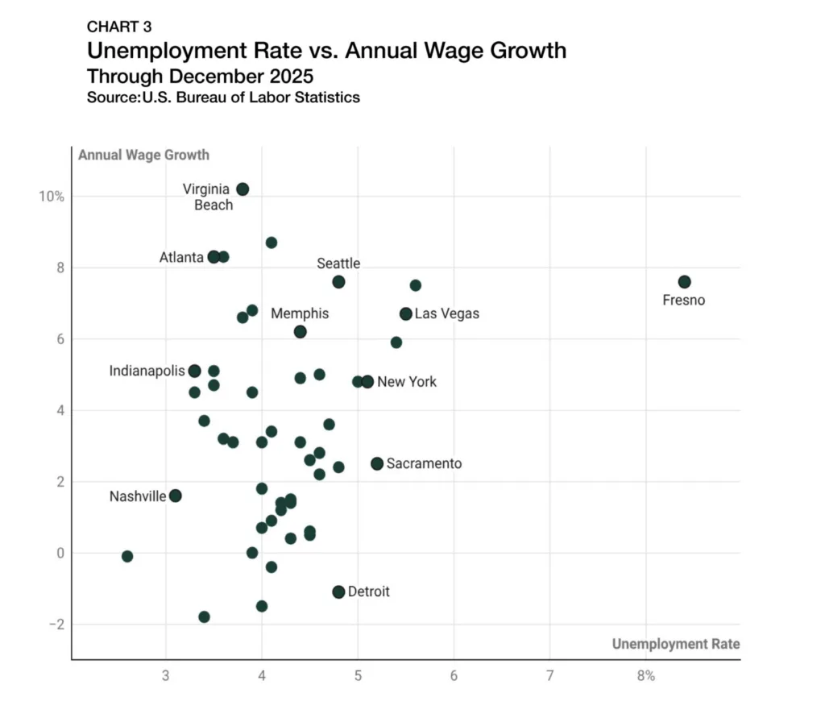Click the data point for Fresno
[684, 282]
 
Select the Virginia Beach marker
[243, 189]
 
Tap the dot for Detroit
[338, 591]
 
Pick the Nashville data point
[176, 496]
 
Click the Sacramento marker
[377, 463]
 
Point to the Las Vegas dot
[406, 313]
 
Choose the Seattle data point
[338, 282]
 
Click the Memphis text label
[300, 313]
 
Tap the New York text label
[407, 382]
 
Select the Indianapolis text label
[147, 371]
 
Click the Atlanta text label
[181, 258]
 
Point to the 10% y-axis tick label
[50, 197]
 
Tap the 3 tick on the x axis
[166, 675]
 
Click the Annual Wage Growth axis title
[143, 155]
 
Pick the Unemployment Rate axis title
[675, 644]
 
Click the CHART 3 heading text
[119, 27]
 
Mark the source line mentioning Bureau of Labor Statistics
[223, 98]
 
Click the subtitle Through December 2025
[200, 77]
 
